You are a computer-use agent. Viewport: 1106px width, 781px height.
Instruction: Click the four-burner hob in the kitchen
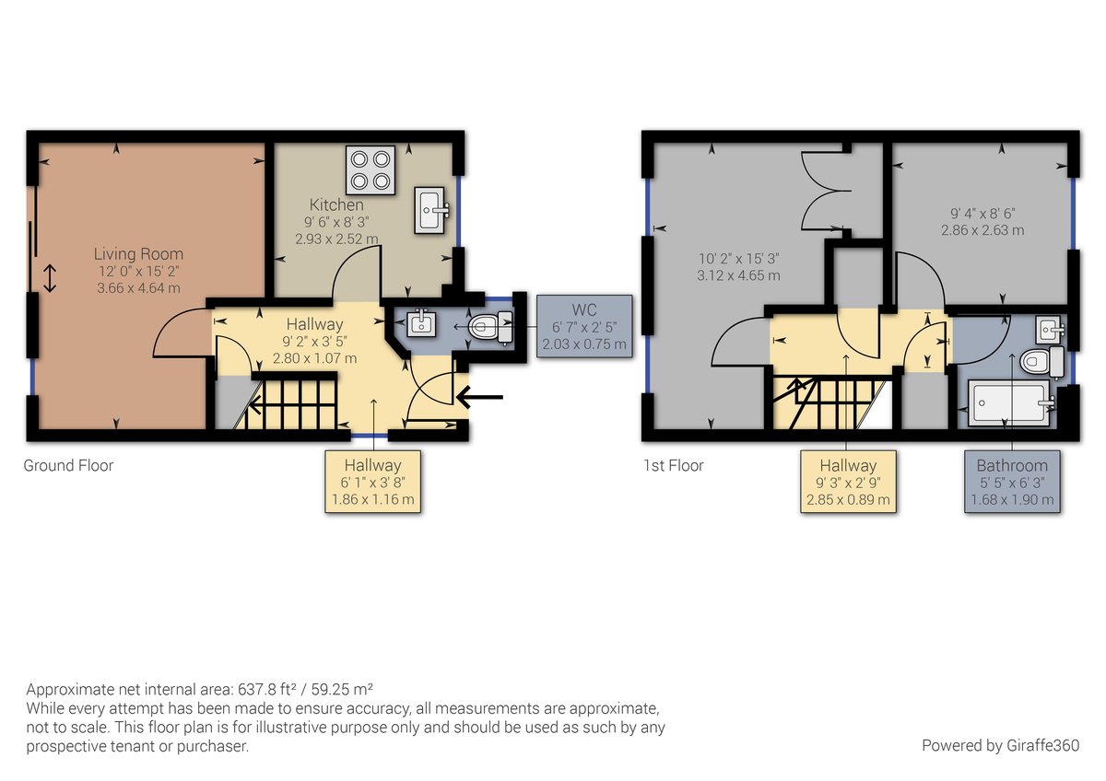click(x=370, y=169)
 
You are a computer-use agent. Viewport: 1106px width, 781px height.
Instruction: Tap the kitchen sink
click(x=431, y=209)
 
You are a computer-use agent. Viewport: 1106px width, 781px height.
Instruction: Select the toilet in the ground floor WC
click(x=490, y=326)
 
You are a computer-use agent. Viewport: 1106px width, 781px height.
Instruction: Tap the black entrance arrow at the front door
click(x=479, y=397)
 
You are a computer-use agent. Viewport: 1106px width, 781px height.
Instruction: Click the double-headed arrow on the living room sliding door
click(x=50, y=278)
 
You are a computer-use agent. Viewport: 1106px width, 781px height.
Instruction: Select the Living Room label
click(x=138, y=253)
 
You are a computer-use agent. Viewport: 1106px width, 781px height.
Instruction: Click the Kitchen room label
click(x=336, y=204)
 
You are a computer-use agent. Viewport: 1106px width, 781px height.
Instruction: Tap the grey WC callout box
click(x=584, y=326)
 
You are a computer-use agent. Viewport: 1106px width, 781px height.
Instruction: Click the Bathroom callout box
click(x=1013, y=483)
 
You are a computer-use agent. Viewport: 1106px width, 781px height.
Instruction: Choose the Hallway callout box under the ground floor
click(x=372, y=483)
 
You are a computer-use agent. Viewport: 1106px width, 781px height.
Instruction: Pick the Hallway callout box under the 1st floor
click(x=848, y=483)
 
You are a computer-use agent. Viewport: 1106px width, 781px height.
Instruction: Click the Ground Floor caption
click(x=68, y=465)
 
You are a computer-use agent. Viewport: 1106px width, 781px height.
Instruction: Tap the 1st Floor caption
click(x=673, y=465)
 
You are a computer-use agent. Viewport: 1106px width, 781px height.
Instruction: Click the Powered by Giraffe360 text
click(x=1000, y=745)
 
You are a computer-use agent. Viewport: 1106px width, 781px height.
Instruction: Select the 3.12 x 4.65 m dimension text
click(x=738, y=275)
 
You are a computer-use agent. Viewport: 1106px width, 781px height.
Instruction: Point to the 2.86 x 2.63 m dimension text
click(x=982, y=230)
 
